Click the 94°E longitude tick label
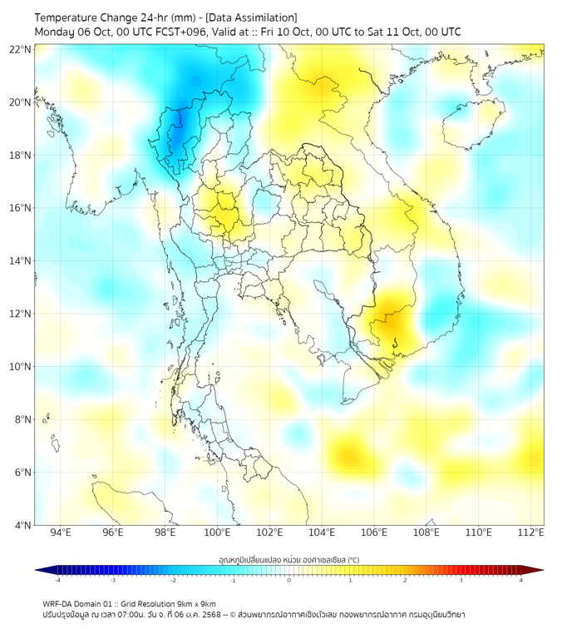61,532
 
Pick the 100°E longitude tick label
217,532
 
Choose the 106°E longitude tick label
374,532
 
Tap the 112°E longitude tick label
530,532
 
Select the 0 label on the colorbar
289,580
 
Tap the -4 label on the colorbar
57,580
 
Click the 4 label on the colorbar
521,580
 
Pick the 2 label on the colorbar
405,580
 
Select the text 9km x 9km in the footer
196,603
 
